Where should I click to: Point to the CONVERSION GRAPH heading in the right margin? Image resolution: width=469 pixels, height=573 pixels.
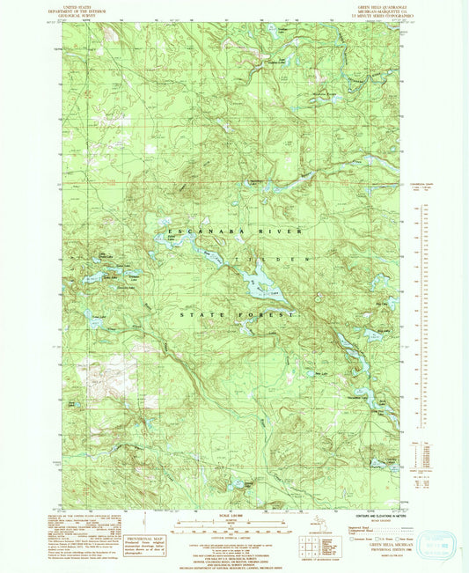(424, 184)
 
